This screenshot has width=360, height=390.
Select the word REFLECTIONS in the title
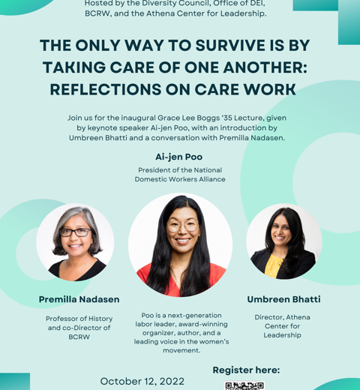point(106,89)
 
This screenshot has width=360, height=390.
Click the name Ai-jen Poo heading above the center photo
point(179,157)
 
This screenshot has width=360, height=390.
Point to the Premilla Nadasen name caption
point(79,299)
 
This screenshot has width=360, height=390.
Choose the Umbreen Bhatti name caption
point(283,299)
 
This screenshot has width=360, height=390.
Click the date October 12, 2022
point(142,381)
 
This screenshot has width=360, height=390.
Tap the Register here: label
point(246,370)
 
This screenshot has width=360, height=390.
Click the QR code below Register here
point(244,385)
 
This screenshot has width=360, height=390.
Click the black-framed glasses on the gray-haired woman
point(76,232)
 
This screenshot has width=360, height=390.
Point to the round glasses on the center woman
point(183,226)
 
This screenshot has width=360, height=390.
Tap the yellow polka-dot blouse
point(273,266)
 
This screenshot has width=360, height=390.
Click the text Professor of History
point(79,319)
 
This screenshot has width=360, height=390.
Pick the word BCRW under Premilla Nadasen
point(79,337)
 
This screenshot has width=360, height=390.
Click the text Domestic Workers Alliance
point(180,179)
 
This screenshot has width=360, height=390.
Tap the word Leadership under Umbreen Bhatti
point(282,335)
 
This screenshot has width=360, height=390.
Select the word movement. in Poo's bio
point(181,350)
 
